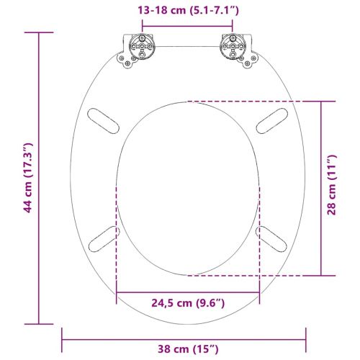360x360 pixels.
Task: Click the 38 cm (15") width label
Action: click(185, 349)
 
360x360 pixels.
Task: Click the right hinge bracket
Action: click(234, 51)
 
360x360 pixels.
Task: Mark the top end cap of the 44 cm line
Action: click(40, 32)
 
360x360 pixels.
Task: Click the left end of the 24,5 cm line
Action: click(117, 292)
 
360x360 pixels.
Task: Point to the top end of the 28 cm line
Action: click(323, 102)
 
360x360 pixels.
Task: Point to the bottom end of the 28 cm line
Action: click(323, 276)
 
